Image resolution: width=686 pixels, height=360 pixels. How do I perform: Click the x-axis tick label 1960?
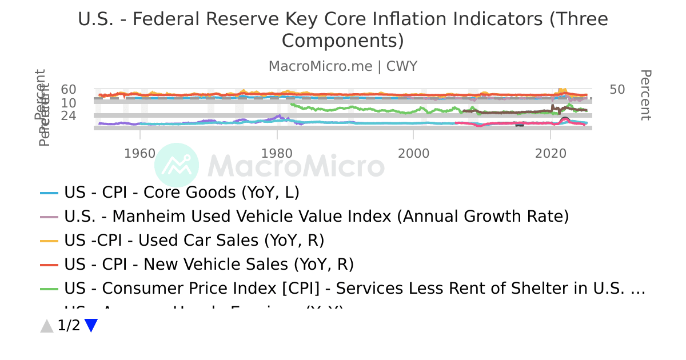pos(140,153)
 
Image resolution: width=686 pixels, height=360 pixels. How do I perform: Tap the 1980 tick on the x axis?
pos(277,153)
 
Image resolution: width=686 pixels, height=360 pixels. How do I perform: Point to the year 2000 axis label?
pos(413,153)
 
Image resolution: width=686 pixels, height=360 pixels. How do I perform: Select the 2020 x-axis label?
pos(550,153)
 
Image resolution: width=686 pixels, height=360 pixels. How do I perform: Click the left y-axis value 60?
pos(69,90)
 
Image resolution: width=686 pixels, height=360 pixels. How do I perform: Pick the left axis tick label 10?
pos(69,103)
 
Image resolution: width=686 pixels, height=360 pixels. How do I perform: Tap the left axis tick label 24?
pos(69,116)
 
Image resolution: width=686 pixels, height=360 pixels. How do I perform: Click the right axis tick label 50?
pos(617,90)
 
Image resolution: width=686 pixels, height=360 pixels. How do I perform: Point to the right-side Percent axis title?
pos(645,95)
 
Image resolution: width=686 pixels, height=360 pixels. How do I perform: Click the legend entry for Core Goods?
pos(182,193)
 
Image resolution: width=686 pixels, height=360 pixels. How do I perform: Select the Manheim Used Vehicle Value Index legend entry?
pos(317,217)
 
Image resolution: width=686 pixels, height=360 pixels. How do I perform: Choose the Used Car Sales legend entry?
pos(194,241)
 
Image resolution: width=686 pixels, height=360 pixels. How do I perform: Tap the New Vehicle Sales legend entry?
pos(209,265)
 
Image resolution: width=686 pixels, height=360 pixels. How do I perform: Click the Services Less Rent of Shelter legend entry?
pos(354,289)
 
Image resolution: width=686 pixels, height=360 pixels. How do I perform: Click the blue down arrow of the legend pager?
pos(91,326)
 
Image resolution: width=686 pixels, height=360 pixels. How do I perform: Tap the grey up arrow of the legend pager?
pos(47,326)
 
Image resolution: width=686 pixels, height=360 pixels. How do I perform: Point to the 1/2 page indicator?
pos(69,326)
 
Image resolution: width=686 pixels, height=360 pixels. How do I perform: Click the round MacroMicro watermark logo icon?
pos(177,165)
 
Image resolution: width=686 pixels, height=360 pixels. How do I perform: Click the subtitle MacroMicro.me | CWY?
pos(343,66)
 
